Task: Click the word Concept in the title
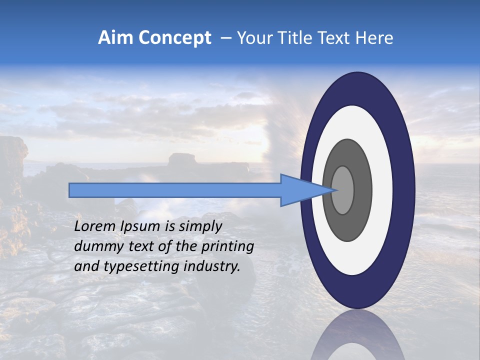point(174,38)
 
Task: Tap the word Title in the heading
point(289,38)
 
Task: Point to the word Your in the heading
point(253,38)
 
